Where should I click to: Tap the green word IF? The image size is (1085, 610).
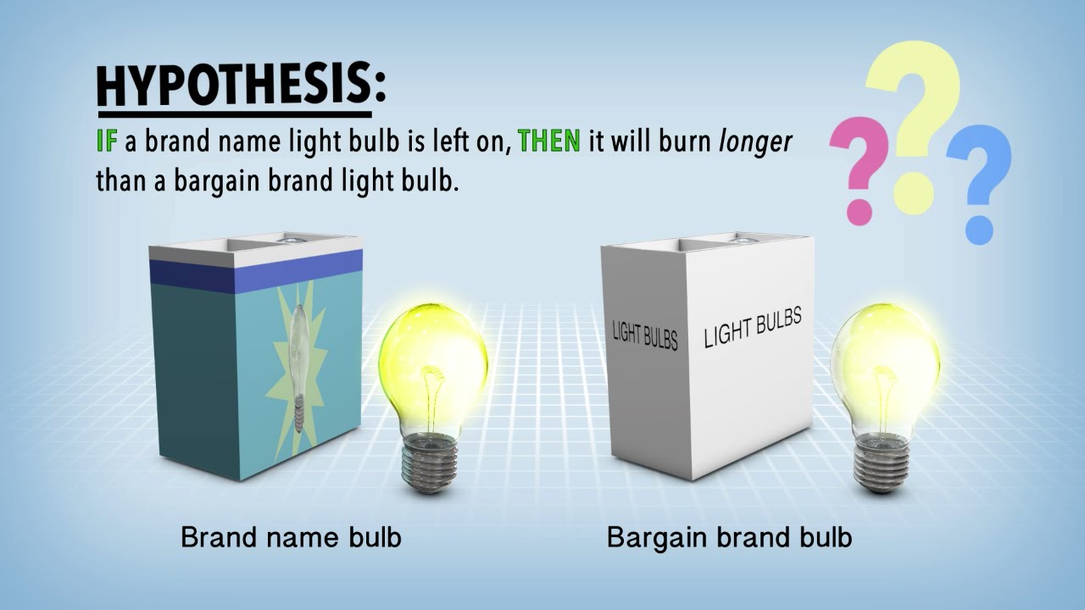coord(106,141)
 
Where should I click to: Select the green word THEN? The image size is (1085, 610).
coord(548,141)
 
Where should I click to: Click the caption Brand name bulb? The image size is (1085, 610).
coord(291,537)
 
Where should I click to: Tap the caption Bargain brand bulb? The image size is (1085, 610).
coord(729,537)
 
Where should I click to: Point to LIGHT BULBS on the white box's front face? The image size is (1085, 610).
coord(753,329)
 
